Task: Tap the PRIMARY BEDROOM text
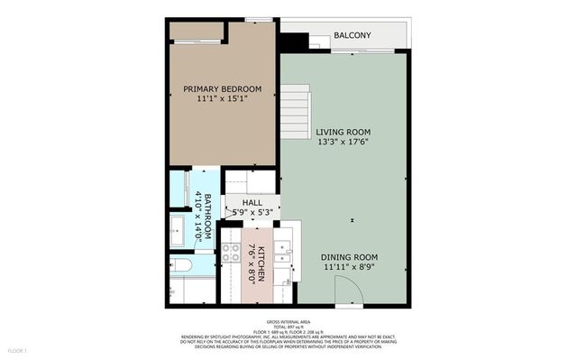click(222, 88)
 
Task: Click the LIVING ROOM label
click(342, 132)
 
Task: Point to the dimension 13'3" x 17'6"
click(342, 142)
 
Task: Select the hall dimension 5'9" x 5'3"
click(252, 213)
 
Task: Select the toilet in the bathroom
click(179, 264)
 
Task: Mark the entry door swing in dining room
click(347, 291)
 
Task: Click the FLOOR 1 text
click(18, 349)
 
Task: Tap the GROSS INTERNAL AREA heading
click(288, 320)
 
